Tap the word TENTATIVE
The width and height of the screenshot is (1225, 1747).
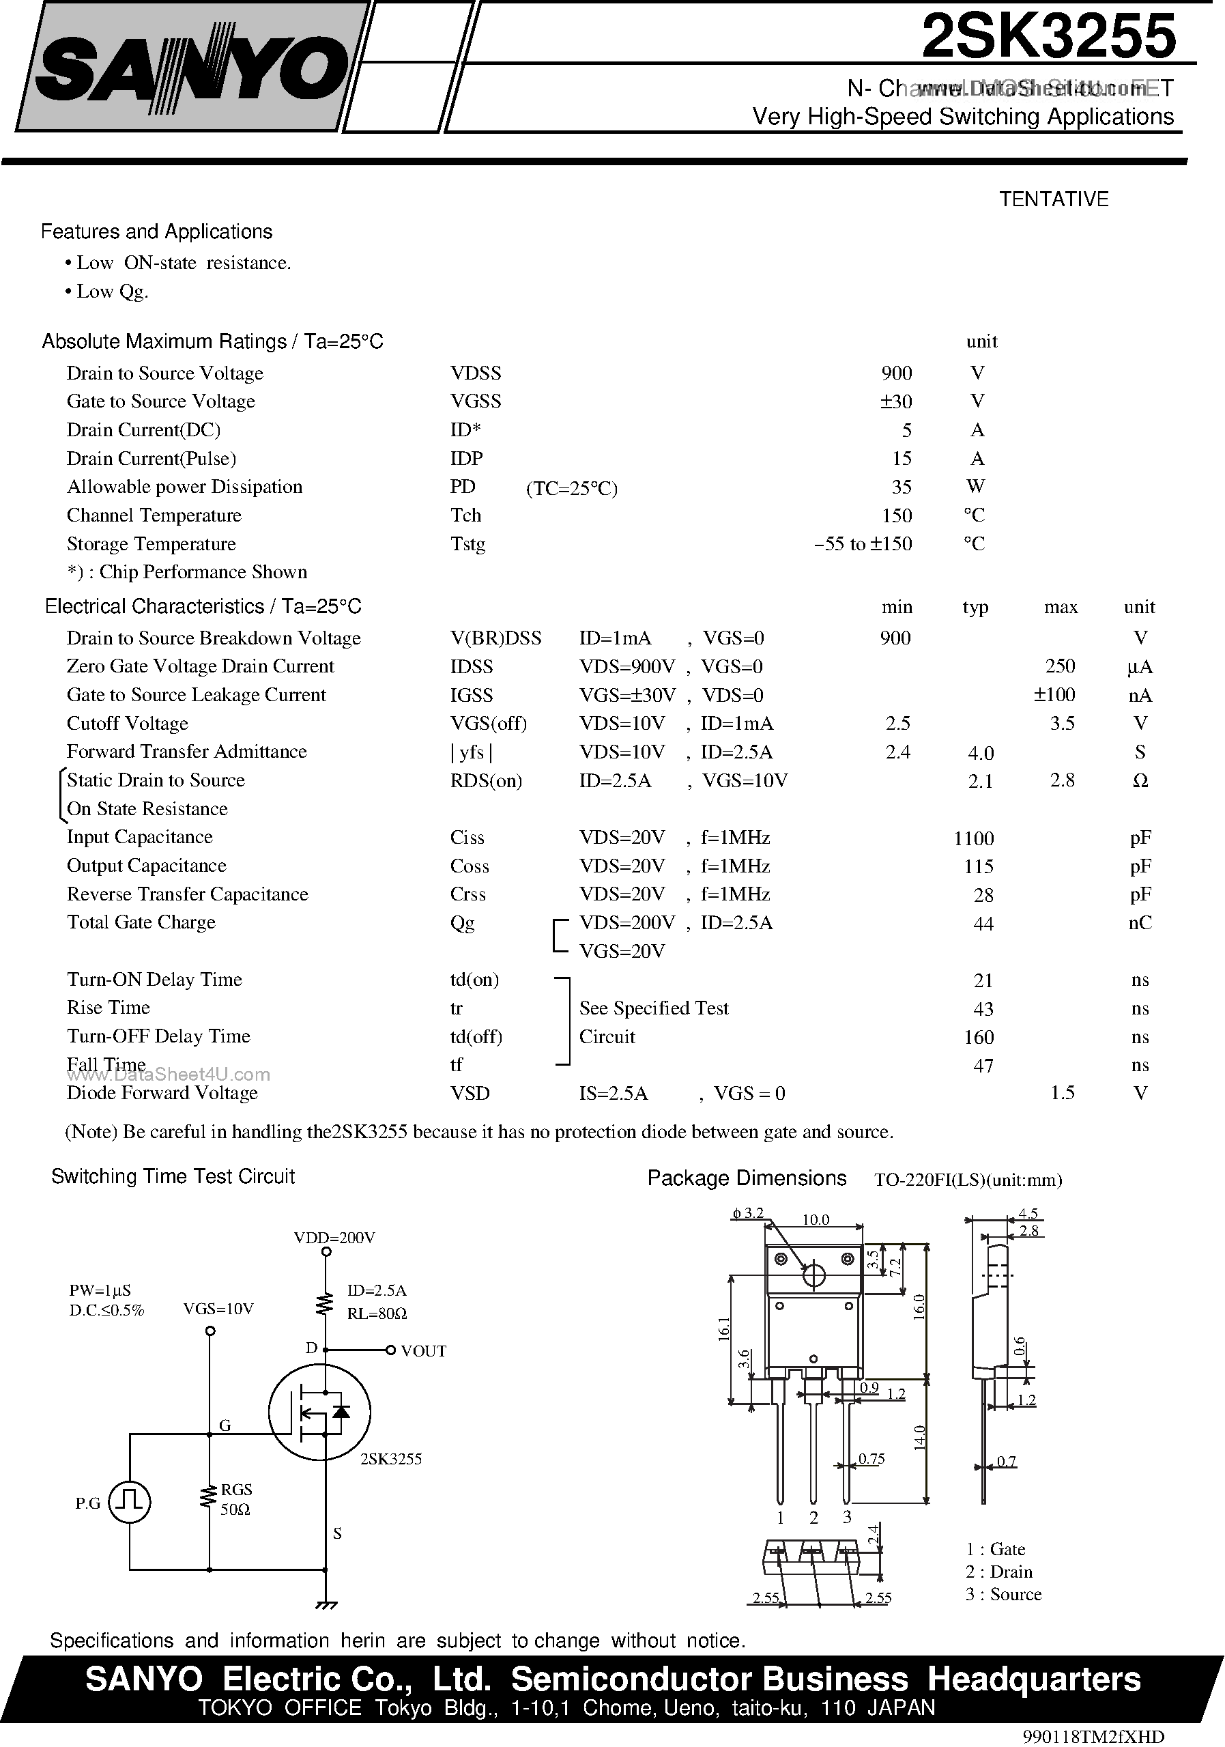click(1053, 199)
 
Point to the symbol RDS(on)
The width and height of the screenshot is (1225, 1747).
click(486, 781)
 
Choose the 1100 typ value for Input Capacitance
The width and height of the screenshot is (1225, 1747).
click(973, 838)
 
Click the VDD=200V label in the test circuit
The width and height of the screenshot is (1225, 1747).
click(334, 1238)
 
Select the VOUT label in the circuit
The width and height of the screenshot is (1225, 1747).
click(424, 1351)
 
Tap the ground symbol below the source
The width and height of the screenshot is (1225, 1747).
click(326, 1606)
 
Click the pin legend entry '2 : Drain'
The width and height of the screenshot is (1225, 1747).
click(999, 1572)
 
